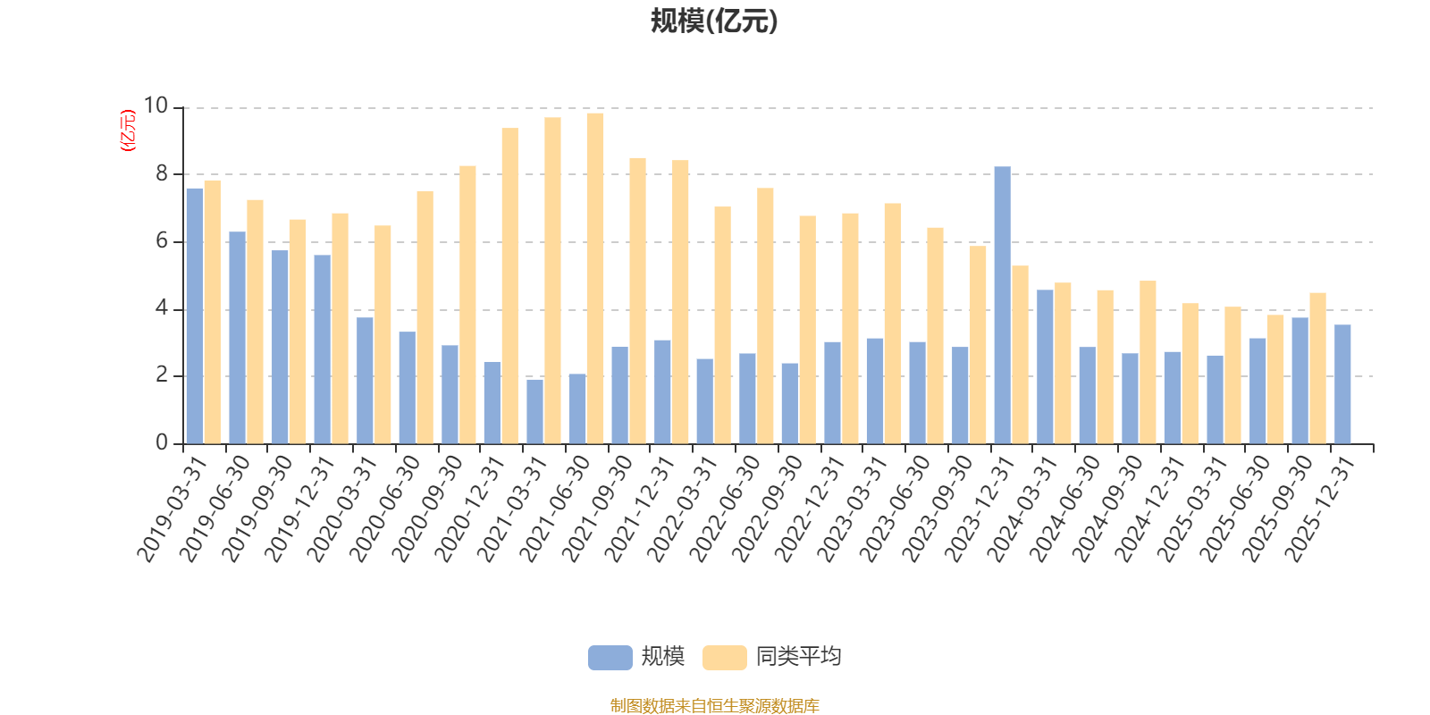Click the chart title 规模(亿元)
[x=713, y=21]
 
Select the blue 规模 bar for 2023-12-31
[x=1002, y=305]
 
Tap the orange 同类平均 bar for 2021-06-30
[x=595, y=278]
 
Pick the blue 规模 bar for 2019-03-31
[x=194, y=315]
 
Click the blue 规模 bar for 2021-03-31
[x=534, y=411]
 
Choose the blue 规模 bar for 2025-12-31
[x=1342, y=384]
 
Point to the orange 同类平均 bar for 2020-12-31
[x=509, y=286]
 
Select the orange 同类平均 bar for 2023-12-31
[x=1020, y=355]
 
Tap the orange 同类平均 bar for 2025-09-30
[x=1317, y=368]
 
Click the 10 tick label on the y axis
[x=156, y=106]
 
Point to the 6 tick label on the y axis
[x=162, y=241]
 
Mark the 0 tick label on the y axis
[x=162, y=443]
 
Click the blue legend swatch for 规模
[x=610, y=658]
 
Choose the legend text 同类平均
[x=798, y=657]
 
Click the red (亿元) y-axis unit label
[x=128, y=130]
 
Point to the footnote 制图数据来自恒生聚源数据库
[x=714, y=706]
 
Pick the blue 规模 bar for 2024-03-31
[x=1045, y=366]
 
